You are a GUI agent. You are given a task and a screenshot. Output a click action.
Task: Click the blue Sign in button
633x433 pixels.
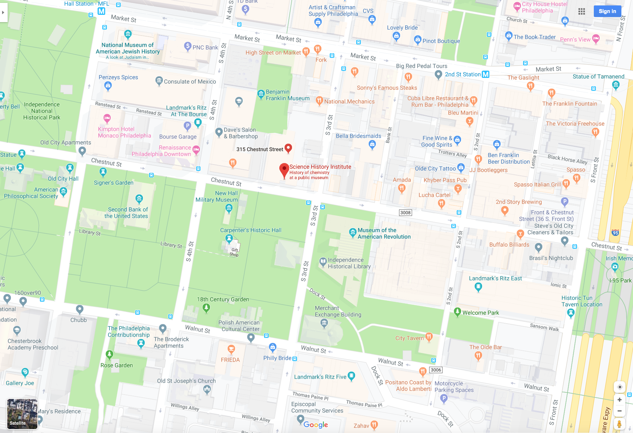click(607, 11)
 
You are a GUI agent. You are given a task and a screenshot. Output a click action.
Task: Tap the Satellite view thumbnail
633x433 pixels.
click(22, 414)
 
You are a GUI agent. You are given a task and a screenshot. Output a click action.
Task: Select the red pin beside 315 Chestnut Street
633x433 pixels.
click(288, 148)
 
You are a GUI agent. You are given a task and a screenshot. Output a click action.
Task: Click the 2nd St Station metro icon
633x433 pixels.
click(485, 74)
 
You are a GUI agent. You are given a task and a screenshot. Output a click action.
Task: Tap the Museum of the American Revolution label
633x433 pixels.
click(384, 233)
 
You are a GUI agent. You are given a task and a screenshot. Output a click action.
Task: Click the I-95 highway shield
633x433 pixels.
click(615, 233)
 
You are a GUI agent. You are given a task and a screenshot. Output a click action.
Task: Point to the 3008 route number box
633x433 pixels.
click(406, 213)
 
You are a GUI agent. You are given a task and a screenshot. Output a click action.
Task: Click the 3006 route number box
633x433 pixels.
click(436, 370)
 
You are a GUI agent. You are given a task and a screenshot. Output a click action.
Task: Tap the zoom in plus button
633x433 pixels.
click(620, 400)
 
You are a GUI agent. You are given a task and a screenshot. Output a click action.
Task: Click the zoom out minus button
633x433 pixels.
click(620, 411)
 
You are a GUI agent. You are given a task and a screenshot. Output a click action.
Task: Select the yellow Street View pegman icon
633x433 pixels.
click(620, 424)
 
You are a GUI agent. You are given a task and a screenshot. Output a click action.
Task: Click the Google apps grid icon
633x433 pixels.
click(581, 11)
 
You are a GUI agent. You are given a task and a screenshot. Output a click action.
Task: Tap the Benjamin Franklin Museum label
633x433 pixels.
click(287, 95)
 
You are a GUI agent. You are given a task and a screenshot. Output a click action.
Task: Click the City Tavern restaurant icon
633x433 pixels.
click(429, 337)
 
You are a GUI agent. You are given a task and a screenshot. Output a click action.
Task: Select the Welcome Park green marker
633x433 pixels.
click(457, 312)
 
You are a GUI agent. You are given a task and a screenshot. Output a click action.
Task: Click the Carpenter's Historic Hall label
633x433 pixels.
click(251, 230)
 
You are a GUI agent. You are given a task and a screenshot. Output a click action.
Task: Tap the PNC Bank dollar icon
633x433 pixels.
click(188, 46)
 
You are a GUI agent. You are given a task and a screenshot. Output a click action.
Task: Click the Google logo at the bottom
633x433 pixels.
click(316, 425)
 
